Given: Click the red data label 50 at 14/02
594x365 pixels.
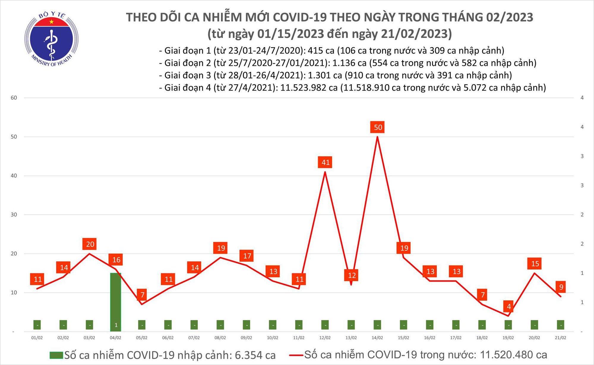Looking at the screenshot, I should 378,127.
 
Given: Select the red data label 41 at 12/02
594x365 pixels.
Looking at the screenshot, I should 325,162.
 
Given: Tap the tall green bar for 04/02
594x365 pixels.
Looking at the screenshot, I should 116,299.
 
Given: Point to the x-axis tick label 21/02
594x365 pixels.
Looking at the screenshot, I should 560,338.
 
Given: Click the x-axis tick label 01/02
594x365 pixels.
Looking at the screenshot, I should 37,338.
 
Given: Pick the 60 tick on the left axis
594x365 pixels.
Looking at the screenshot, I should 14,98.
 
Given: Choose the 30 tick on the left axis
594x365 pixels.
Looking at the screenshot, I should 14,215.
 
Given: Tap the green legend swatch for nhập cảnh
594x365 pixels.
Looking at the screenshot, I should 56,355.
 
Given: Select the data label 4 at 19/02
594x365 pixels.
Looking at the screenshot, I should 509,306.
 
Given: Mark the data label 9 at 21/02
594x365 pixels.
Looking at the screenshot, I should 561,287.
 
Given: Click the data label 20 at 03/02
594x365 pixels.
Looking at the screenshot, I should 90,244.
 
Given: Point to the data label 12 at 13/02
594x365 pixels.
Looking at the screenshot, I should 352,275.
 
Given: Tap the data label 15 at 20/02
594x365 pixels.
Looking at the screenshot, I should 535,263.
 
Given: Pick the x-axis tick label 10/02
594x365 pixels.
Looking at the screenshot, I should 273,338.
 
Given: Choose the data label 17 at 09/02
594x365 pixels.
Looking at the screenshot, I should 247,256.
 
